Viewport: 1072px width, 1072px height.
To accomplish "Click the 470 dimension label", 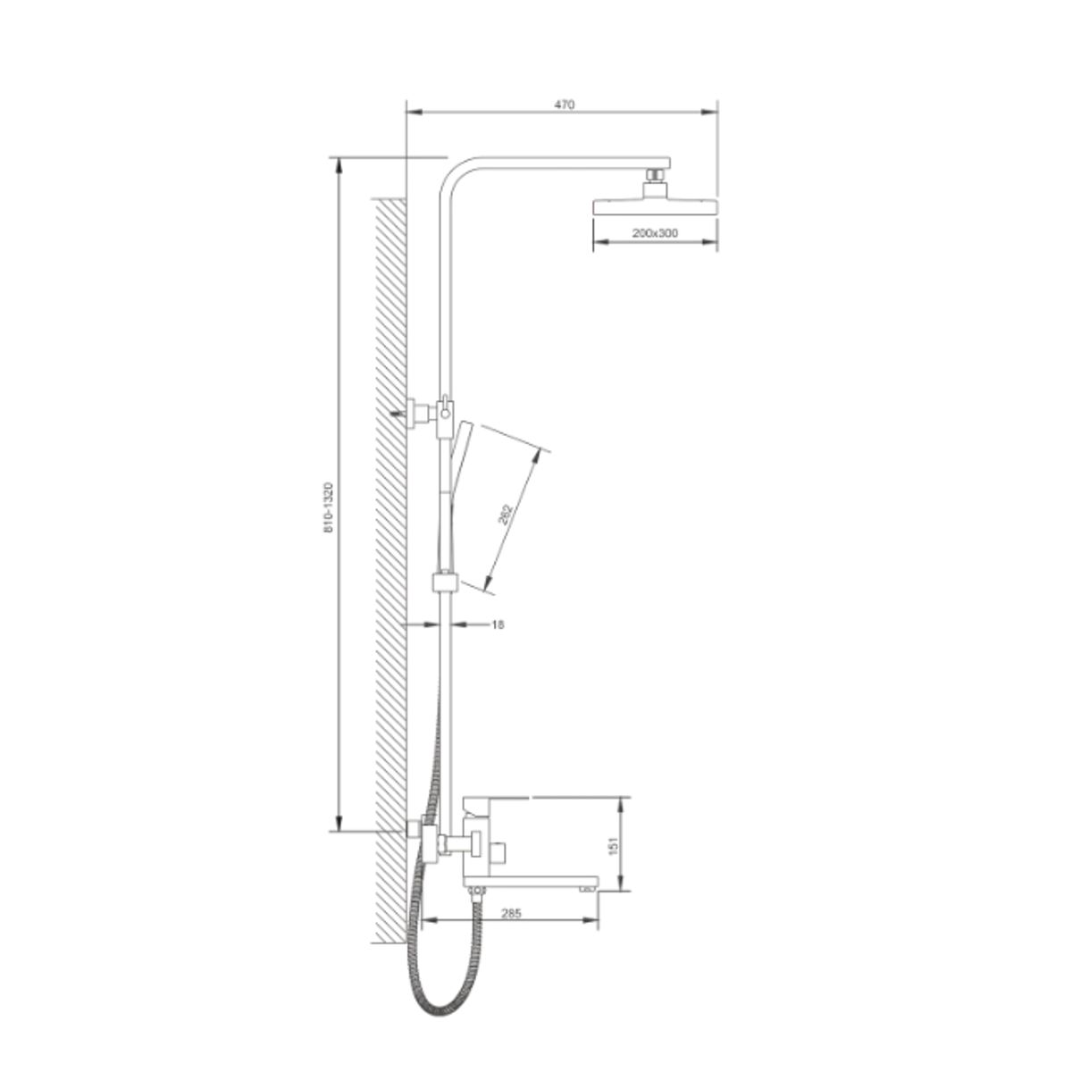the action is click(x=564, y=105).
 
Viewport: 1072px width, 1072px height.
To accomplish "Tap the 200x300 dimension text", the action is click(x=655, y=233).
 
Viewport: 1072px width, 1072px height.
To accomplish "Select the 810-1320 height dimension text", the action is click(x=328, y=508).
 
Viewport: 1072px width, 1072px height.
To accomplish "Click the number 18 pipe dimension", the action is click(x=498, y=624).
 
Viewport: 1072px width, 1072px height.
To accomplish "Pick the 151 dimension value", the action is click(x=613, y=846).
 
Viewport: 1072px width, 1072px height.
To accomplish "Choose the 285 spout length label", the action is click(x=511, y=914).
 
